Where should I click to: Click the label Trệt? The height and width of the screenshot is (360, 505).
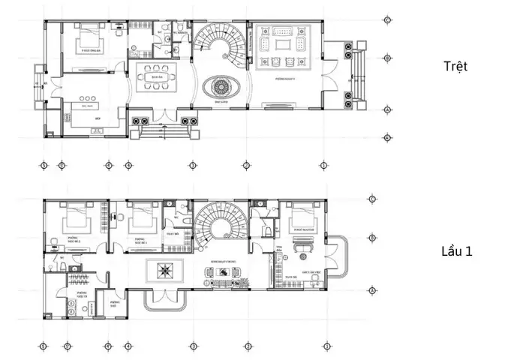click(455, 66)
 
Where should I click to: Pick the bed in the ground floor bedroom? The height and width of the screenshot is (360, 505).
click(89, 39)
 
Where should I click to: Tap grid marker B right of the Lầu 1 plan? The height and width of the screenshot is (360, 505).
click(373, 238)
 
